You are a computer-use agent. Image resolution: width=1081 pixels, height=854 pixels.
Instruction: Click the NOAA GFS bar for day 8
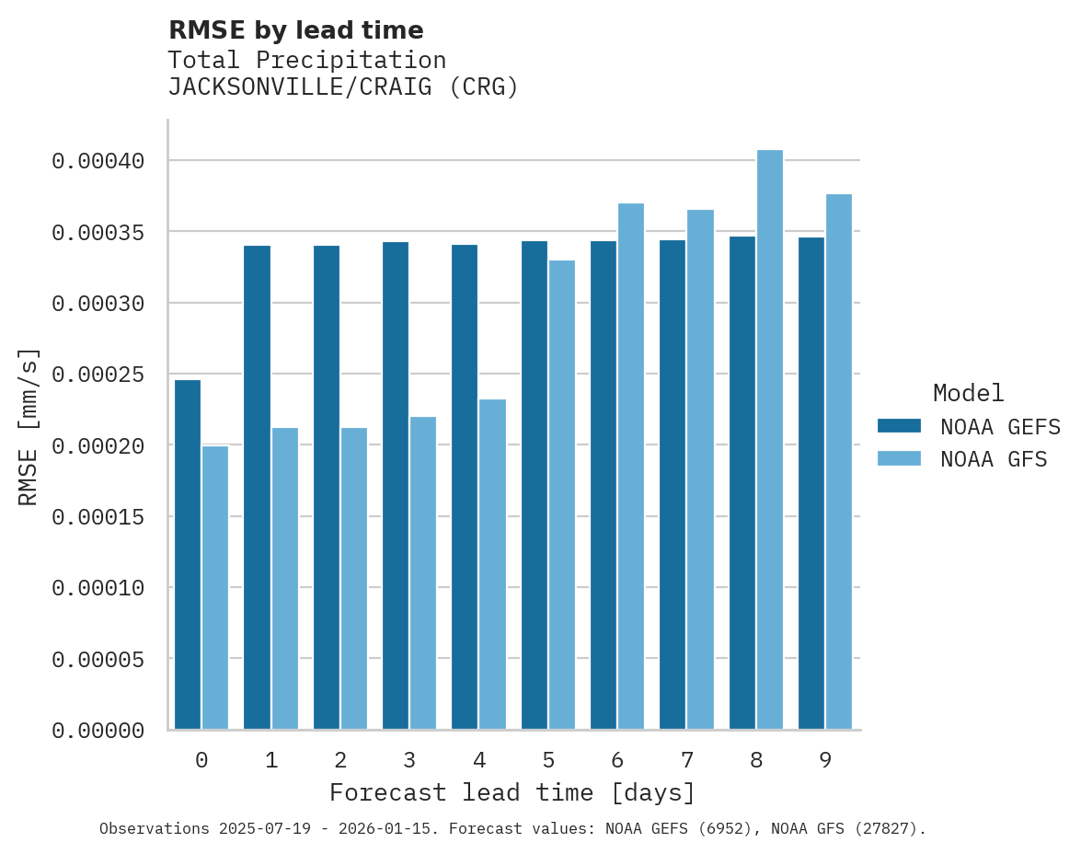coord(769,440)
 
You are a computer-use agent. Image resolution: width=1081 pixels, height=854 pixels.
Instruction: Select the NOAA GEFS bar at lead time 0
coord(188,554)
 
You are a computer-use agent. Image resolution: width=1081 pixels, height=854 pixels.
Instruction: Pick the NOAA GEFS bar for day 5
coord(535,485)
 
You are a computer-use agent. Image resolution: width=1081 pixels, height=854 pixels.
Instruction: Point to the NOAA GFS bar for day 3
coord(423,572)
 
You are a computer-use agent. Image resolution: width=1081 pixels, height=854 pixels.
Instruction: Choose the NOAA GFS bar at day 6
coord(631,466)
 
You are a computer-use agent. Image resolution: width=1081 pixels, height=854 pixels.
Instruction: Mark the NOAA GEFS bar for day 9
coord(811,483)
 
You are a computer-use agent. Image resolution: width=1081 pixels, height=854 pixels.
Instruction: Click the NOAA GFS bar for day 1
coord(284,578)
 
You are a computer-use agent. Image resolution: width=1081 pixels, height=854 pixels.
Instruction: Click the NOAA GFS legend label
coord(994,459)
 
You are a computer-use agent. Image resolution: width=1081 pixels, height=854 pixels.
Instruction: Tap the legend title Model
coord(968,393)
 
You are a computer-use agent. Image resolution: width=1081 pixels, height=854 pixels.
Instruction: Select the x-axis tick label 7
coord(686,760)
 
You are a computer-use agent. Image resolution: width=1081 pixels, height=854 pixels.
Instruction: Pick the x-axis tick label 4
coord(478,760)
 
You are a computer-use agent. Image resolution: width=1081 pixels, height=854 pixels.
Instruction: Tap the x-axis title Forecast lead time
coord(512,792)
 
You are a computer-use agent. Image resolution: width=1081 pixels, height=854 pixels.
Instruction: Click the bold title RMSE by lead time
coord(295,30)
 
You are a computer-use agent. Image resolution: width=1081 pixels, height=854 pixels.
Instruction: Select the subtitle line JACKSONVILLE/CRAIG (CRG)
coord(343,87)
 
